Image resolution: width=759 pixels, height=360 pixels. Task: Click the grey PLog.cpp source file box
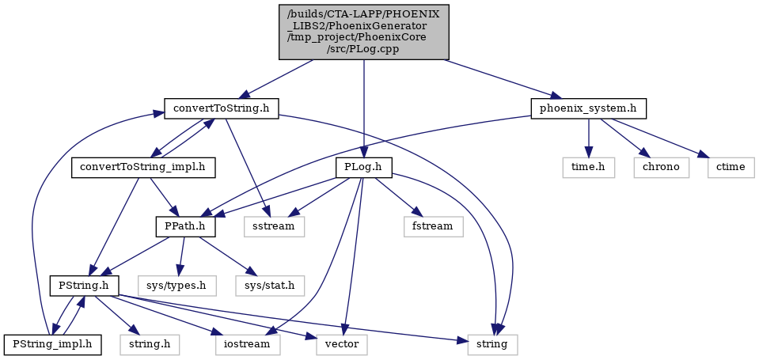364,32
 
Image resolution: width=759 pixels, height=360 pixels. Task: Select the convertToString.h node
222,108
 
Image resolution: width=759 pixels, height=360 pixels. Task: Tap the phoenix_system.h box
589,108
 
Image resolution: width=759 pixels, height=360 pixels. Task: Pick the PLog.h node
364,168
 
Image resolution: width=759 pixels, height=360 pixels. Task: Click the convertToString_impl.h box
143,168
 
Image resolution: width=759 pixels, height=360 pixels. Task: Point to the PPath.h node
185,227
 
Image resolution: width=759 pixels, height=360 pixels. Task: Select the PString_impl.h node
53,345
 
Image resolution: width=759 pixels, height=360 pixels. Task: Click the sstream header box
275,227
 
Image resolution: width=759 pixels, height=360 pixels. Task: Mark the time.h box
589,168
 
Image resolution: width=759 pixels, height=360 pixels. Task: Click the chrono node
661,168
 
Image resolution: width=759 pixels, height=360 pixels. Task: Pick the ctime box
731,168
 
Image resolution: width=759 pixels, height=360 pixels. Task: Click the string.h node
150,345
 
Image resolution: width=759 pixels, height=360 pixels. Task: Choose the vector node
342,345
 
